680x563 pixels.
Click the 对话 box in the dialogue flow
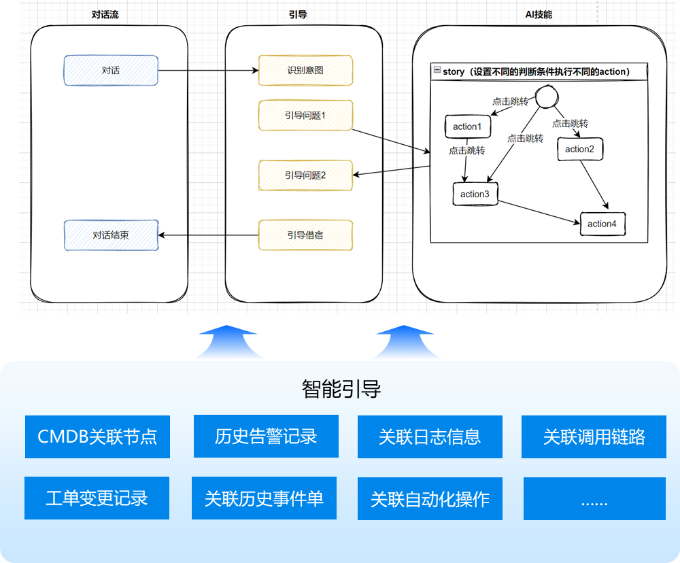pos(111,71)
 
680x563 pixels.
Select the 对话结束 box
pos(111,235)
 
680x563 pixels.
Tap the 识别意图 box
pos(305,71)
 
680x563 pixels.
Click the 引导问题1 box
pos(305,116)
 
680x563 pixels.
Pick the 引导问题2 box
pos(305,175)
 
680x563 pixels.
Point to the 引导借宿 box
pos(305,235)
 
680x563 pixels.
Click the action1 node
pos(467,126)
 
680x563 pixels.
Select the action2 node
pos(579,150)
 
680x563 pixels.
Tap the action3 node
pos(475,194)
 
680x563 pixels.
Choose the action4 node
pos(602,224)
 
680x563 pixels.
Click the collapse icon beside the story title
pos(437,71)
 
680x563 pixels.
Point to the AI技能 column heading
pos(539,14)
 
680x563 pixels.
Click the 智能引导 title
pos(341,389)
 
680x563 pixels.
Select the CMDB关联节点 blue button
pos(97,437)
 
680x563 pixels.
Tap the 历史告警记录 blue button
pos(266,437)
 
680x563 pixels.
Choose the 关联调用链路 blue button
pos(594,437)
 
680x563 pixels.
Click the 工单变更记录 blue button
pos(97,498)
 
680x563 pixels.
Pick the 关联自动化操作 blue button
pos(430,499)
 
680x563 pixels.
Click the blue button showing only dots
pos(594,499)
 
